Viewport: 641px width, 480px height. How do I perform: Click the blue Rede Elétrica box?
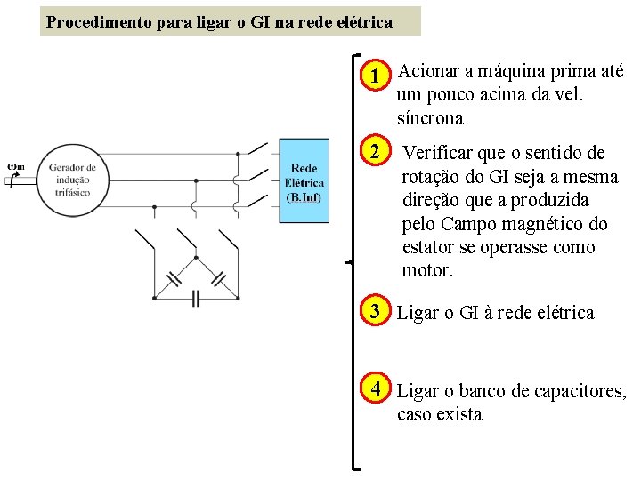pyautogui.click(x=304, y=181)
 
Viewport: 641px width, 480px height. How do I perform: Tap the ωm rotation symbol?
pyautogui.click(x=15, y=164)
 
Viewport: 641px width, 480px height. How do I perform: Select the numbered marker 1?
pyautogui.click(x=377, y=76)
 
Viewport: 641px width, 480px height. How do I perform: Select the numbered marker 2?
pyautogui.click(x=377, y=152)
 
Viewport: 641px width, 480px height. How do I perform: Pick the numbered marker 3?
pyautogui.click(x=377, y=312)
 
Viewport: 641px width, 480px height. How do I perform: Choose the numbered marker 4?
pyautogui.click(x=377, y=389)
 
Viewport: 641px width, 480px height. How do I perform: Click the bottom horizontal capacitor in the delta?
pyautogui.click(x=196, y=299)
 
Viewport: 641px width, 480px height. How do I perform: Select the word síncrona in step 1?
pyautogui.click(x=430, y=118)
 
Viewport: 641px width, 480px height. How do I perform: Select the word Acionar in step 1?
pyautogui.click(x=428, y=71)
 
